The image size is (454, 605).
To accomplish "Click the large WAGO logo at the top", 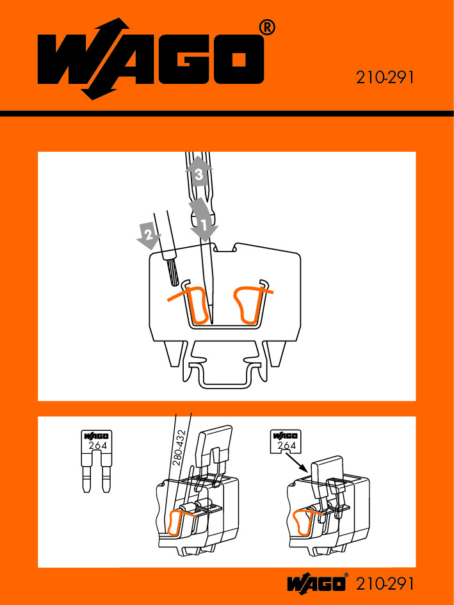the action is click(150, 59).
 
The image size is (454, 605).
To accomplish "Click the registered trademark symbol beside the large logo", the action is click(267, 28).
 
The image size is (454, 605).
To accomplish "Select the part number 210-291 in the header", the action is click(384, 77).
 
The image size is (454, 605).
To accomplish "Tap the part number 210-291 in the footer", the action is click(384, 583).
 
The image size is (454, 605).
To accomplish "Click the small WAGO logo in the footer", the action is click(316, 583).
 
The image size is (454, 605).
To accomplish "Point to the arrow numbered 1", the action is click(204, 220).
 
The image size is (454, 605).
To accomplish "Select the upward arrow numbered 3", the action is click(199, 172).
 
